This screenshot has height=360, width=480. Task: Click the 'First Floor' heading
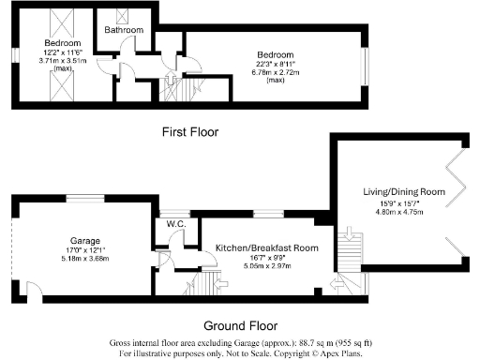tap(190, 132)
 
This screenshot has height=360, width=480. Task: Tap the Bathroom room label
tap(125, 30)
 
